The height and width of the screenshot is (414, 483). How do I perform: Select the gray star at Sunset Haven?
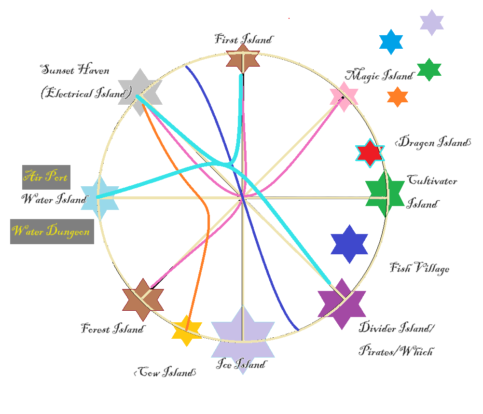[140, 92]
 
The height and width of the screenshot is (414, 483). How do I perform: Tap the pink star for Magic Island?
[344, 97]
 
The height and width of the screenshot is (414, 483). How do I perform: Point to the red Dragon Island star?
[370, 153]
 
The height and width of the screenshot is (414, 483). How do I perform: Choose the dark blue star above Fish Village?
[349, 244]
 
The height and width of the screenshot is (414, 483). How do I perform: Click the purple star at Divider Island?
[342, 304]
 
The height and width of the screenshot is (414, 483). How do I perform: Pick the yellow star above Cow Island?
[186, 330]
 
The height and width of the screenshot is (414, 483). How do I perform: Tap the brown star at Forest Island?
[143, 300]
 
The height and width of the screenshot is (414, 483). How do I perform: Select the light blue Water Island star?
[99, 198]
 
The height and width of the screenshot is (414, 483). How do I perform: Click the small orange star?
[398, 97]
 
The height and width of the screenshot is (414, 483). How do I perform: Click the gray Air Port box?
[46, 177]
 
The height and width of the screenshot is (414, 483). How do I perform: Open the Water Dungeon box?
[52, 231]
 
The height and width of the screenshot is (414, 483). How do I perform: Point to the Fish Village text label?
[419, 268]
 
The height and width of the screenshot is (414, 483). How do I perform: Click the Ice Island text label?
[241, 364]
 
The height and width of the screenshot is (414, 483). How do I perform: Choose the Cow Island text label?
[165, 373]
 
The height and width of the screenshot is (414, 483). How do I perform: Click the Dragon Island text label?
[432, 142]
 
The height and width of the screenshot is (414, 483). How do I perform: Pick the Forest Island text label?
[112, 330]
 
